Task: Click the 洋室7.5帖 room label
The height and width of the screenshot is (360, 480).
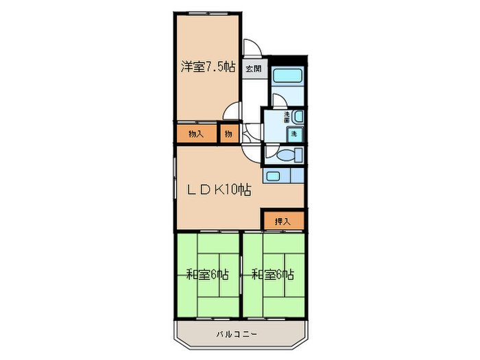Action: [x=208, y=67]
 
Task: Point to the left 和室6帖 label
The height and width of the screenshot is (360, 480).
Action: [x=207, y=275]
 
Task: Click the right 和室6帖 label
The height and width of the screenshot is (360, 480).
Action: [x=272, y=275]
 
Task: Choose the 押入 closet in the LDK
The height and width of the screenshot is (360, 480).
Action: [x=283, y=221]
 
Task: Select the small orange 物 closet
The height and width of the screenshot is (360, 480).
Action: [x=228, y=134]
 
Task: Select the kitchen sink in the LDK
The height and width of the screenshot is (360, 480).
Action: [x=273, y=176]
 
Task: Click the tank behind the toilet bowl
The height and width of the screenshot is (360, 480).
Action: [x=296, y=156]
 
